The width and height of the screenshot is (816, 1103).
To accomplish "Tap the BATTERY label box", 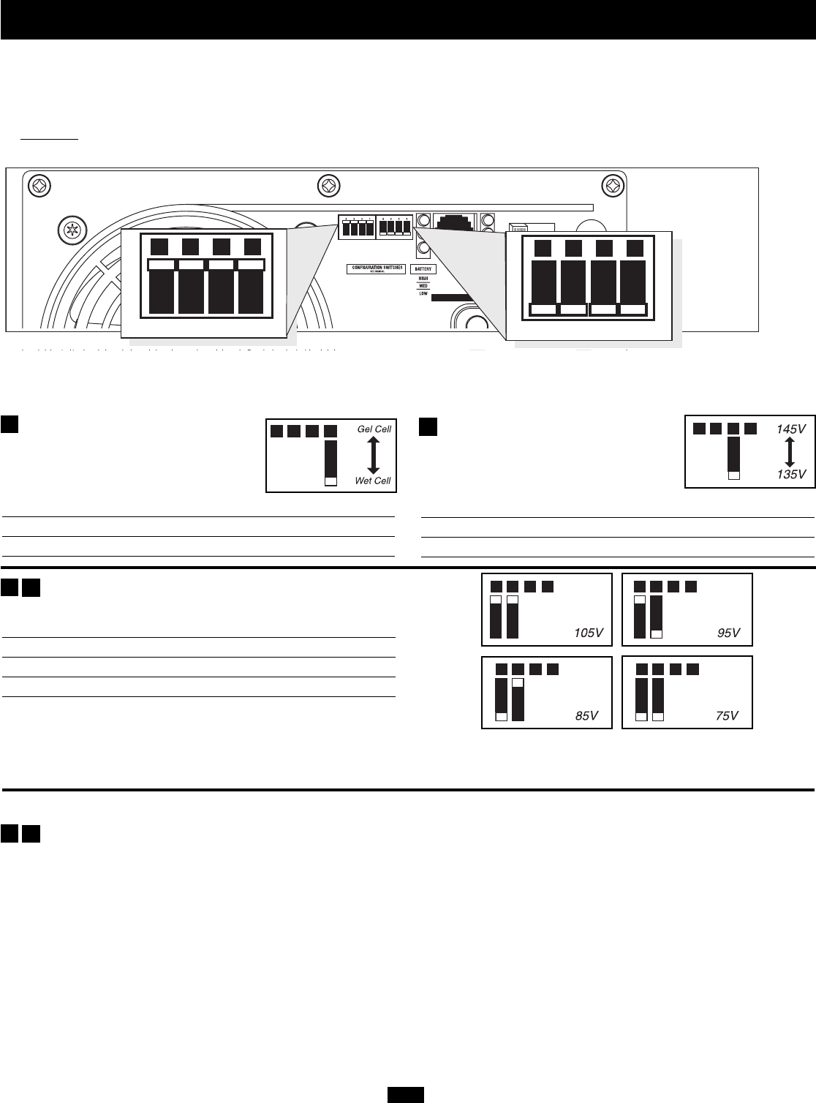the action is (423, 269).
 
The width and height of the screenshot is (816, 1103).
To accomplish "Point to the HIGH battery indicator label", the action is (423, 279).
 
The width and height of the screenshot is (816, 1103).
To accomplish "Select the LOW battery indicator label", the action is (423, 293).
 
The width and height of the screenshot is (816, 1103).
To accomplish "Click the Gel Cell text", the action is (374, 429).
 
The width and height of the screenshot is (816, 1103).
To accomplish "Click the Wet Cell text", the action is (373, 481).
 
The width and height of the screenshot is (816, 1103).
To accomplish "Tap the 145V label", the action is (790, 430).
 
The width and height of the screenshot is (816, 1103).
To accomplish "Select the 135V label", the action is (790, 474).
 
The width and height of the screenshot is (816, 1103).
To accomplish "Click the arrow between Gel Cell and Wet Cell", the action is (373, 455).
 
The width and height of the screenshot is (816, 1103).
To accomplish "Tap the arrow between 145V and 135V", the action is (790, 452).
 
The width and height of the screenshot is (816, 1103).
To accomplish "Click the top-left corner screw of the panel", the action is (39, 186).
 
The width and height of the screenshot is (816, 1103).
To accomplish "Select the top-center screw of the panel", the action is (328, 186).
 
